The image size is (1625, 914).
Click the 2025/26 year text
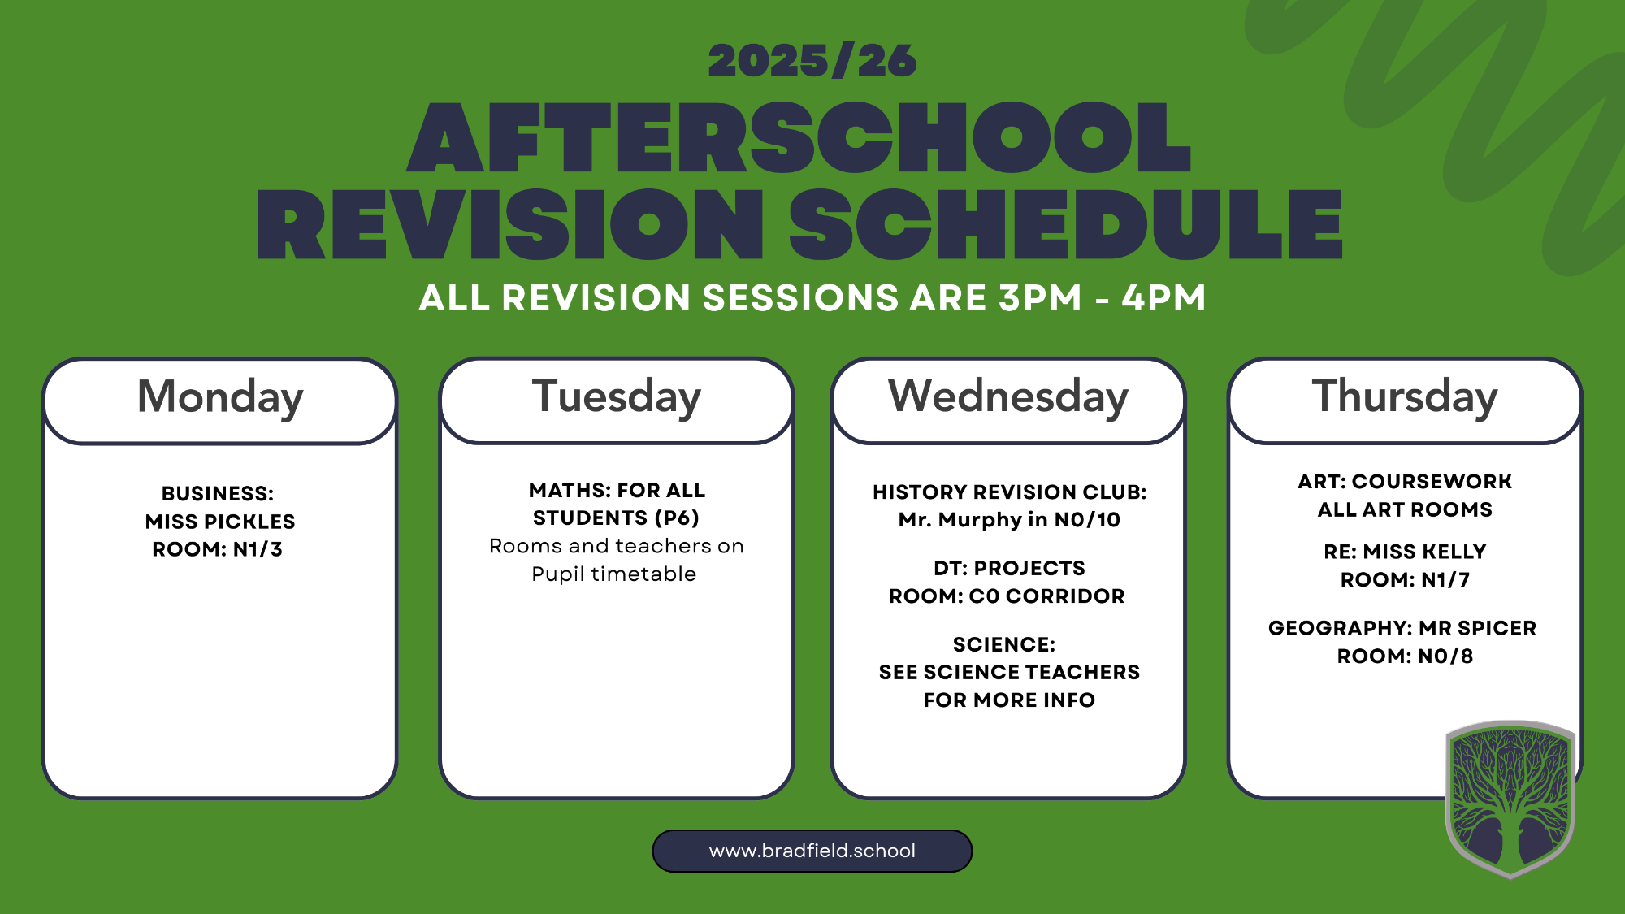[x=812, y=61]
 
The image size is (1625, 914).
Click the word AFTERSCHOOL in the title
[x=799, y=137]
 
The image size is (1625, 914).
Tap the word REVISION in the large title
[x=510, y=224]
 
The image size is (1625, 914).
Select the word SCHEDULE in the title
[x=1066, y=224]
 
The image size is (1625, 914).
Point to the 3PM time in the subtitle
[x=1041, y=297]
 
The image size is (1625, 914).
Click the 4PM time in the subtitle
[x=1164, y=297]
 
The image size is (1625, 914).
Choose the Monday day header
[x=220, y=397]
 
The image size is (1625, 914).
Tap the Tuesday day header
[x=617, y=397]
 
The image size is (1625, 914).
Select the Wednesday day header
[x=1008, y=397]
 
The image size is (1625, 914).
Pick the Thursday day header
[x=1405, y=397]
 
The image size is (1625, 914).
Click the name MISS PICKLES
[x=220, y=522]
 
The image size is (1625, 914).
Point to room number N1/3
[x=258, y=549]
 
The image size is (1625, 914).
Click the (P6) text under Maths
[x=677, y=518]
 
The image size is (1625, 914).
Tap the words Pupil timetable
[x=614, y=574]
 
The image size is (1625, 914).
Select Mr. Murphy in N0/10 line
[x=1009, y=520]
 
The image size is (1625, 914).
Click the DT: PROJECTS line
[x=1009, y=568]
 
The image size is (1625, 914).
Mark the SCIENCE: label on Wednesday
[x=1004, y=644]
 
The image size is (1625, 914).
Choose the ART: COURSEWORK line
[x=1405, y=481]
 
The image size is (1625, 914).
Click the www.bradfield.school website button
[x=812, y=851]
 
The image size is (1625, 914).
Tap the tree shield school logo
[x=1510, y=799]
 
